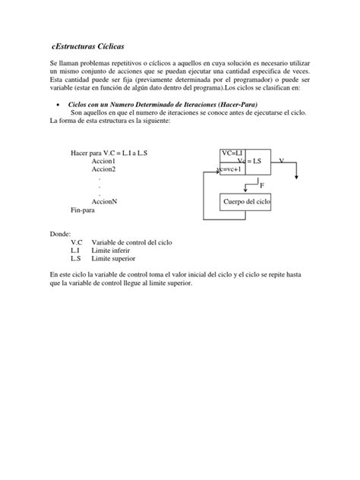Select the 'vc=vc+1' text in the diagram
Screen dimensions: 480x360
tap(229, 169)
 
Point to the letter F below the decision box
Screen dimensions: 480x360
tap(263, 185)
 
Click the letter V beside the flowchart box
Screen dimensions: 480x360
tap(282, 161)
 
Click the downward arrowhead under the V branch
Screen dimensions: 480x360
tap(297, 178)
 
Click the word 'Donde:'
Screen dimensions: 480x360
tap(59, 234)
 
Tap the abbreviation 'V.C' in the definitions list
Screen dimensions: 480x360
tap(76, 242)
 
